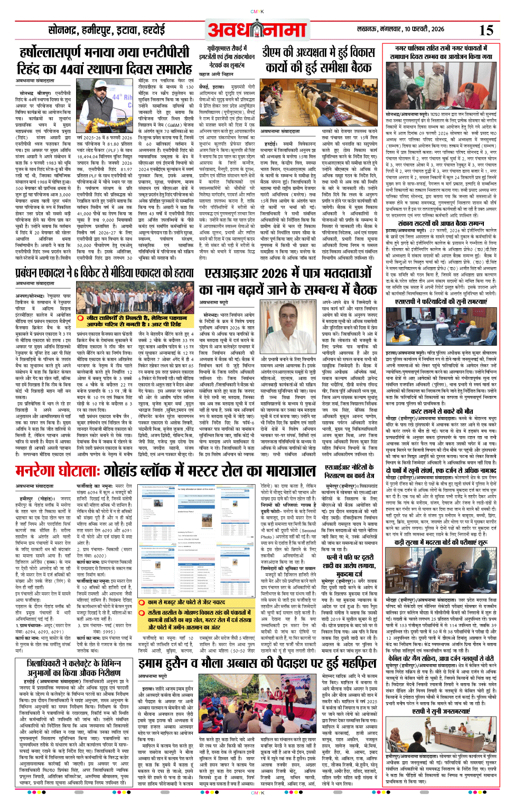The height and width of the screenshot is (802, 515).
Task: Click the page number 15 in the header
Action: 486,30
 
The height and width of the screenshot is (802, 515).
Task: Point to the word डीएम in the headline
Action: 277,53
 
